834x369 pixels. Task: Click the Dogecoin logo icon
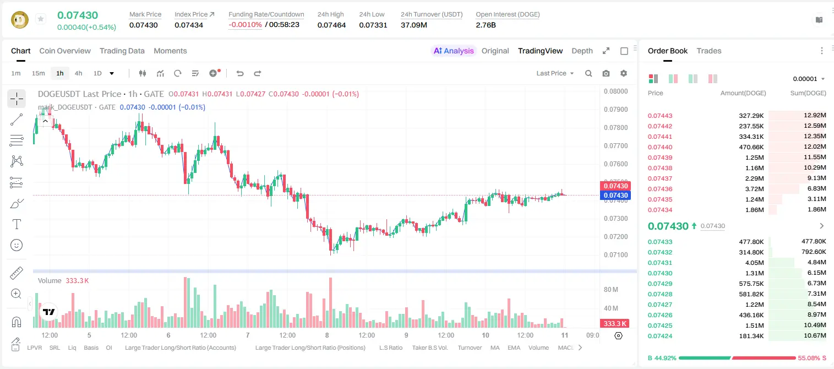coord(20,20)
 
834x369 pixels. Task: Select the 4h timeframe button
coord(78,73)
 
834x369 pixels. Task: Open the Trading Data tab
coord(122,51)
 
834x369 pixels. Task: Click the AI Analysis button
coord(454,51)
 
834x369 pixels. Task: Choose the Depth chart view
coord(582,51)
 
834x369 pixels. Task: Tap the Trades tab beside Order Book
coord(709,51)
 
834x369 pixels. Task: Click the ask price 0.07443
coord(660,116)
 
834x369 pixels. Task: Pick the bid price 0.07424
coord(660,336)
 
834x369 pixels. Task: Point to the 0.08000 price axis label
coord(616,91)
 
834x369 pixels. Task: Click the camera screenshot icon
coord(606,73)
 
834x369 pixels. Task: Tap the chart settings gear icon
coord(624,73)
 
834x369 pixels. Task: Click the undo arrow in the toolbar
coord(240,73)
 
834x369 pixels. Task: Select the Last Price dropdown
coord(555,73)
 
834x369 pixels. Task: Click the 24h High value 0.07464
coord(331,25)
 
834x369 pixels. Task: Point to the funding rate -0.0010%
coord(245,25)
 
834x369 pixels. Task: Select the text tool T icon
coord(17,224)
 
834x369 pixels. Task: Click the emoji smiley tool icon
coord(17,245)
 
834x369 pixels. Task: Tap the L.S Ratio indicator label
coord(390,348)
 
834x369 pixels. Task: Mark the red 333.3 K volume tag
coord(615,324)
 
